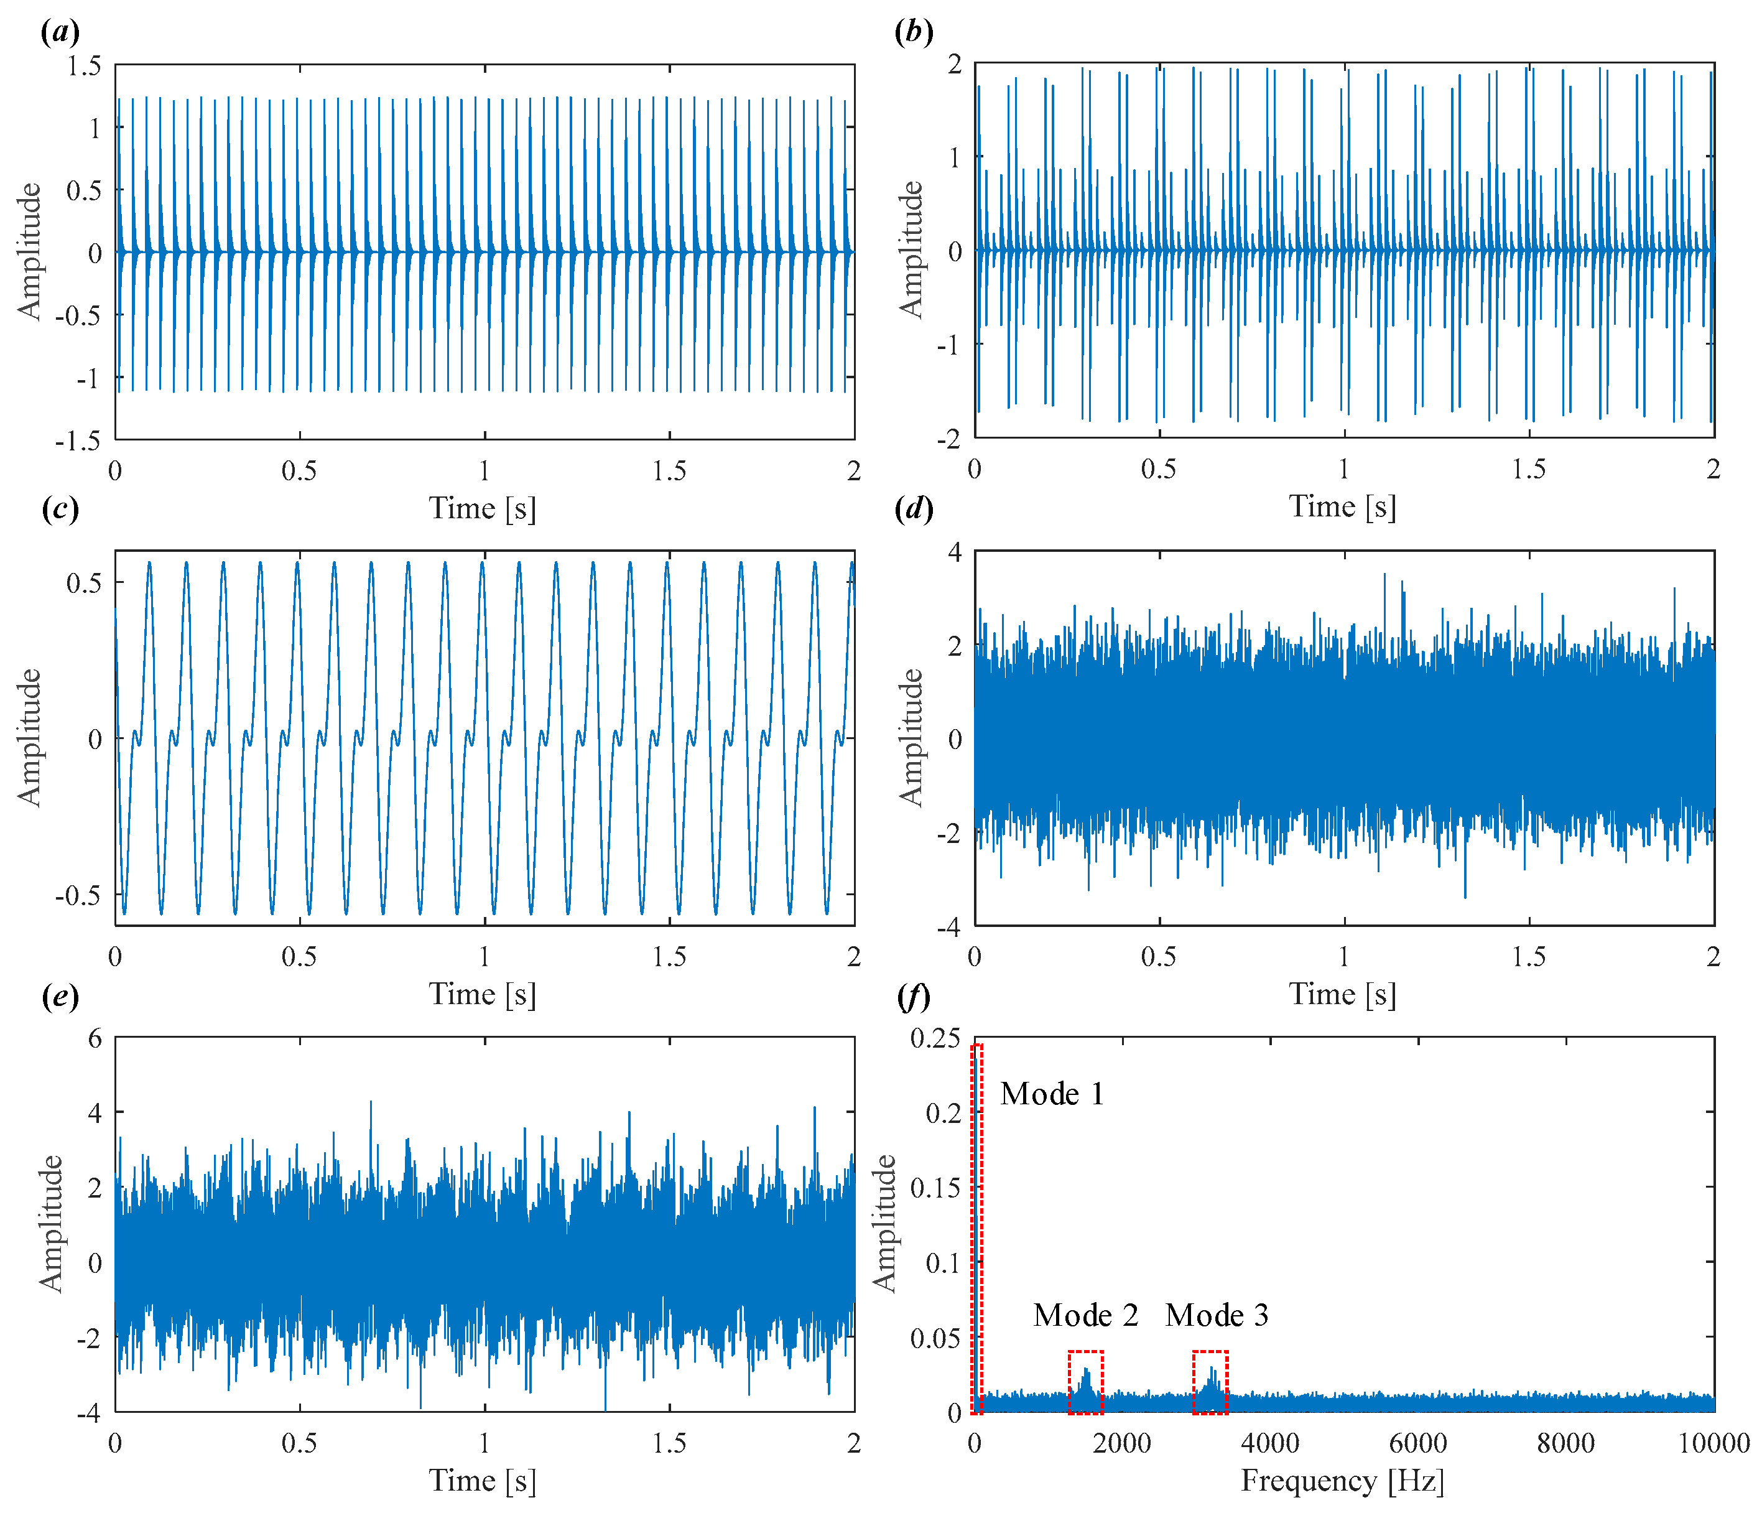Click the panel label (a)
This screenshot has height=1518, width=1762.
coord(60,32)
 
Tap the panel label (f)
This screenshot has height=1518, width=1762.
coord(914,996)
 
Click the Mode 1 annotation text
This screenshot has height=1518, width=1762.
coord(1052,1094)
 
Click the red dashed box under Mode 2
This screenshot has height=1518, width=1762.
coord(1086,1382)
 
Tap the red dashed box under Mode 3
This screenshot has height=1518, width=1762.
coord(1210,1382)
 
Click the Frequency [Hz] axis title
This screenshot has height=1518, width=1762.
coord(1343,1481)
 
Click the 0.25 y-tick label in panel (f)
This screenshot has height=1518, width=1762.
coord(935,1038)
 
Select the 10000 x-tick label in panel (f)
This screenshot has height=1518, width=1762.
coord(1713,1443)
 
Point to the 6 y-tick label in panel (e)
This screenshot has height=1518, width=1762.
coord(95,1038)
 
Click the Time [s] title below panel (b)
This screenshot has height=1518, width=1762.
coord(1343,507)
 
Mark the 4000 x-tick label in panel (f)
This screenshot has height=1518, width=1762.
coord(1269,1443)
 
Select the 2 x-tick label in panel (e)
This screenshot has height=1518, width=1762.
coord(854,1443)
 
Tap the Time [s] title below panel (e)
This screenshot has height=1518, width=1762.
coord(482,1481)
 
